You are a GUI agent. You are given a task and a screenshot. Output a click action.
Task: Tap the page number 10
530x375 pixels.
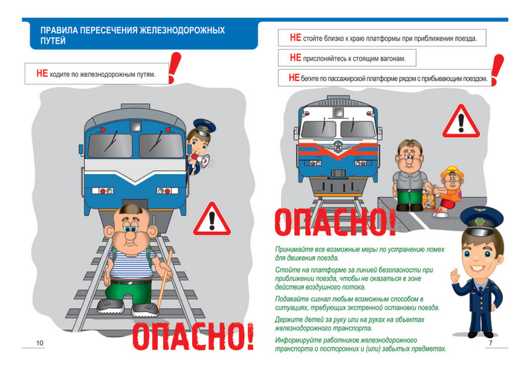[40, 343]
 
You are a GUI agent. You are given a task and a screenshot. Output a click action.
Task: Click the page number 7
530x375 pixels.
[491, 343]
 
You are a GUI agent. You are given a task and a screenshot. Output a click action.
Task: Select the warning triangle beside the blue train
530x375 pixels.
[212, 219]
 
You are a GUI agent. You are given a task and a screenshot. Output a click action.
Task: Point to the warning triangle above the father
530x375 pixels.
[461, 121]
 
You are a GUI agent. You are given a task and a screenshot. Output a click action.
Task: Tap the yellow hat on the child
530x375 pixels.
[452, 172]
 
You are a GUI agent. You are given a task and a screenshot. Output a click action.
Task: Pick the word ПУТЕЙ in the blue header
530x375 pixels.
[53, 41]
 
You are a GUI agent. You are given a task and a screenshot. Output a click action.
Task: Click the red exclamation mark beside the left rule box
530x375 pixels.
[174, 68]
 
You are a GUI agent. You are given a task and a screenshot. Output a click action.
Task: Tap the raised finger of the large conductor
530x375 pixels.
[454, 272]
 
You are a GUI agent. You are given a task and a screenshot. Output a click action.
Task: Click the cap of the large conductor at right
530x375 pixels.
[482, 221]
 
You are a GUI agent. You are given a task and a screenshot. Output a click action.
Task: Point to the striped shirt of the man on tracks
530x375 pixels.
[132, 264]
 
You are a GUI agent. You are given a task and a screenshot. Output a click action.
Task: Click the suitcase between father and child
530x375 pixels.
[429, 201]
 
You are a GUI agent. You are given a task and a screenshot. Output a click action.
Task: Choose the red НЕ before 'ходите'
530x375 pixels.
[42, 73]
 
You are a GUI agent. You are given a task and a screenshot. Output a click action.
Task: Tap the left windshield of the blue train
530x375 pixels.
[110, 145]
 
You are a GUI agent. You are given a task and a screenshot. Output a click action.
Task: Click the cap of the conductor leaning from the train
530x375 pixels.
[204, 126]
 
